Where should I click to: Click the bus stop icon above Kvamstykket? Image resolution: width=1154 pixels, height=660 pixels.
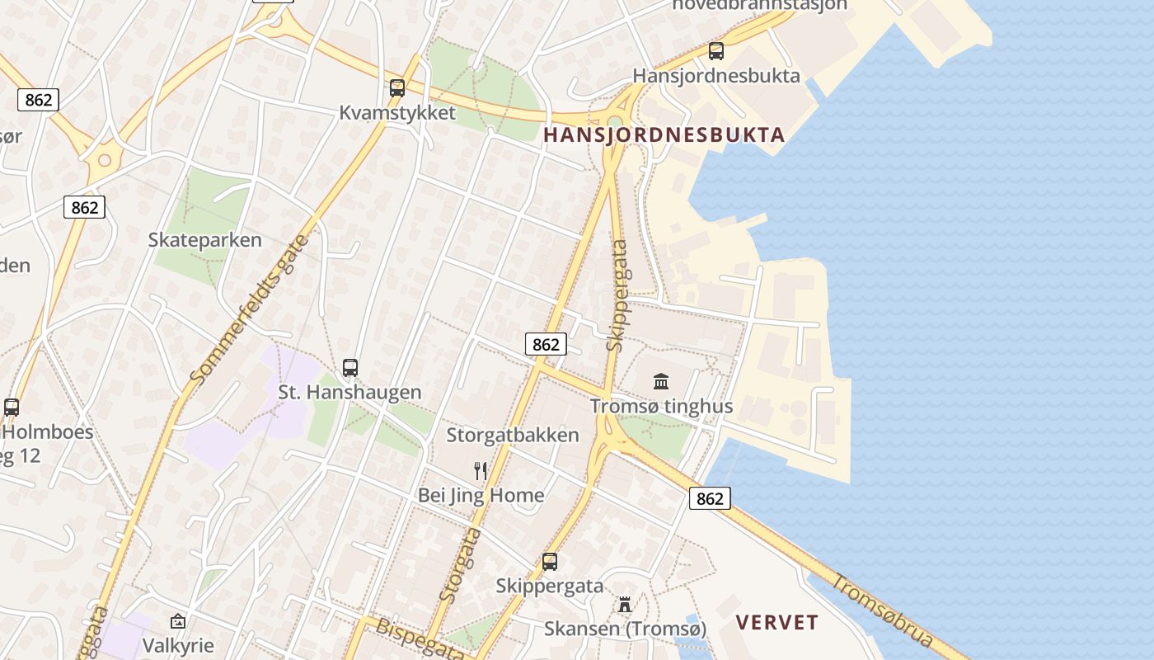coord(397,88)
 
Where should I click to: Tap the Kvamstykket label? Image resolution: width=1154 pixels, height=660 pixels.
coord(397,113)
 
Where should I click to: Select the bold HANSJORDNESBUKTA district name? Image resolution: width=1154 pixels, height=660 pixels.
coord(664,135)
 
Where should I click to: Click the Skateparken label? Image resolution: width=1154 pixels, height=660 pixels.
coord(204,240)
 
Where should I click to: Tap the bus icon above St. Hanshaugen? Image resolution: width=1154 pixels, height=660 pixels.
coord(350,368)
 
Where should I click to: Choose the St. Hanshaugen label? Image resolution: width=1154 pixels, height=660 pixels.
coord(349,393)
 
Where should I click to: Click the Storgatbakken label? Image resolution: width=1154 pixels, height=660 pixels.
coord(513,435)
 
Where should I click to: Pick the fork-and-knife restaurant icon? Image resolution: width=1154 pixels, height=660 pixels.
coord(481,471)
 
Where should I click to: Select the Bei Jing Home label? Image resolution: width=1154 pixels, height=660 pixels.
coord(481,495)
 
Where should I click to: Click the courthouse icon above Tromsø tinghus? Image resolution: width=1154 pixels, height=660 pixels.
coord(661,381)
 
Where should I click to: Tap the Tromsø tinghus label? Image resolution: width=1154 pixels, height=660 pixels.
coord(661,407)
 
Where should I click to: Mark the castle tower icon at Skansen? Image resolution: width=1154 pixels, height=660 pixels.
coord(625,605)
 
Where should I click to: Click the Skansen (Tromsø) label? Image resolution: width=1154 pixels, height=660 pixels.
coord(625,629)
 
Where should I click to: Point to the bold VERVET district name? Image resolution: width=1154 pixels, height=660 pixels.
coord(777,622)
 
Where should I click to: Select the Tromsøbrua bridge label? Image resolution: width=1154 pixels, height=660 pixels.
coord(882,610)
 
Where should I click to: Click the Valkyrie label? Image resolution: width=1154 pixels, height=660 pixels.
coord(178,644)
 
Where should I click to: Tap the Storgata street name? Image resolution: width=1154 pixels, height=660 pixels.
coord(460,564)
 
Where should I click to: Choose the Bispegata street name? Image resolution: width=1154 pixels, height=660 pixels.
coord(420,639)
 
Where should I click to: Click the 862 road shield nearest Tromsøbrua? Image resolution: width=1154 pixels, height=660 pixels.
coord(709,498)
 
